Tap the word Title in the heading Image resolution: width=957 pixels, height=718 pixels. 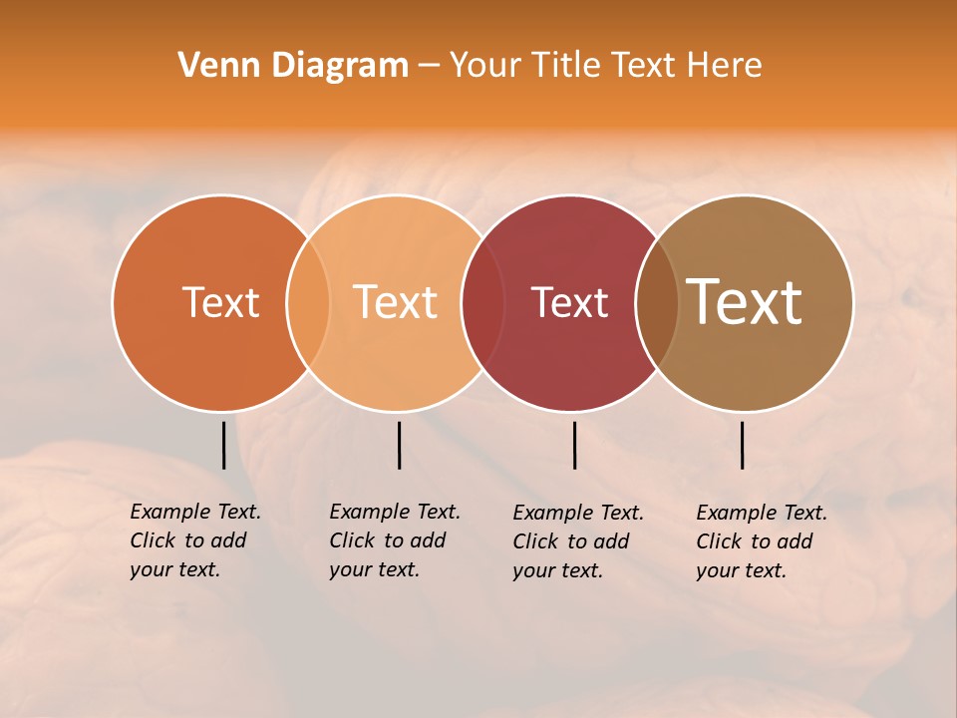566,66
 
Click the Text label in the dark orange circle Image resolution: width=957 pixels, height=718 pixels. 220,302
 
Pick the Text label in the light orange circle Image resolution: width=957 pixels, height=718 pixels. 396,302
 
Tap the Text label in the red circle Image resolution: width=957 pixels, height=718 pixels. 569,302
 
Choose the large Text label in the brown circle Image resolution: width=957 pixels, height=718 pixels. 745,302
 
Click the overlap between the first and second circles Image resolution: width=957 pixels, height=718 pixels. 308,303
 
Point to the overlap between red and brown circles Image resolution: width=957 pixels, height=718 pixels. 657,303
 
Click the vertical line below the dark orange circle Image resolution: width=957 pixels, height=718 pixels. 223,445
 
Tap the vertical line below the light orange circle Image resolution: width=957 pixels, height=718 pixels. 399,445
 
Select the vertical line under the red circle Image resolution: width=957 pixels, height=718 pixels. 574,445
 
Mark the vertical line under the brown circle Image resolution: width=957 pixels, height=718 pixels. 742,445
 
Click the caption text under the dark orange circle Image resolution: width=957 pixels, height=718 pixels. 195,540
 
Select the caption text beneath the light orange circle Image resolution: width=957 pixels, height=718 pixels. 395,540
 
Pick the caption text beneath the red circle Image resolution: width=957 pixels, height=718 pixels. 578,541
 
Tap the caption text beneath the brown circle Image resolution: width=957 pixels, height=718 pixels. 762,541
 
